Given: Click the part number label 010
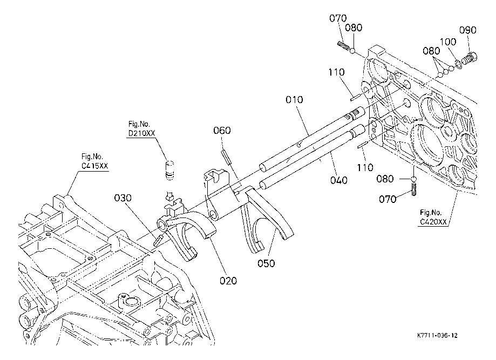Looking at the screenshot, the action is click(294, 100).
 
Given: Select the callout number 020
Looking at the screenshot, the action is click(228, 281).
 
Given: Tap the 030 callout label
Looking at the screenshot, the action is click(123, 198).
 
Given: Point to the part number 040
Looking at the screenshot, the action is click(338, 180).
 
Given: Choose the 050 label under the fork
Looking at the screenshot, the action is click(266, 263).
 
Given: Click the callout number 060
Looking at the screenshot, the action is click(222, 130).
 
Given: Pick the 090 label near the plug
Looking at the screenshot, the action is click(468, 30).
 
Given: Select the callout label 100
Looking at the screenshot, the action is click(448, 42).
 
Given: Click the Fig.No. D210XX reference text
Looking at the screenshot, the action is click(141, 129).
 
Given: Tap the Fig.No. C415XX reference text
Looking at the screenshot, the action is click(94, 161).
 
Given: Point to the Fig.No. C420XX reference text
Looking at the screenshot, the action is click(433, 218).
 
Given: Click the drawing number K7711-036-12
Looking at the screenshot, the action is click(437, 335).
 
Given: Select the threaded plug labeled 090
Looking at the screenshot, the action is click(470, 58).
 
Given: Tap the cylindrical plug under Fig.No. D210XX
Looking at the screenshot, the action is click(169, 171).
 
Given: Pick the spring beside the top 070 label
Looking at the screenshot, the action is click(344, 46).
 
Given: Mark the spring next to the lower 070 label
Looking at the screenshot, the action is click(414, 189).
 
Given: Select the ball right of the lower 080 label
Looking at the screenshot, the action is click(414, 179).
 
